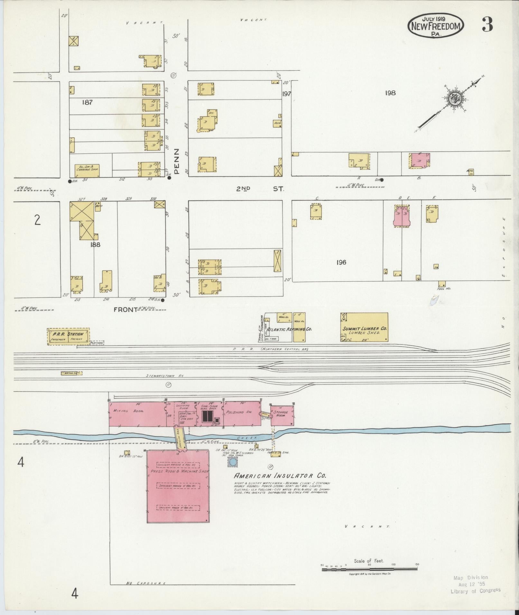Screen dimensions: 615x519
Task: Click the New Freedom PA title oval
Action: [x=436, y=26]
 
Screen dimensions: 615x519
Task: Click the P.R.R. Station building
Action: [x=68, y=336]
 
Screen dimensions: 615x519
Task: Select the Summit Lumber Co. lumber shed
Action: [x=364, y=327]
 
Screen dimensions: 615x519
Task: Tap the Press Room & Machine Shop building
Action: [x=178, y=487]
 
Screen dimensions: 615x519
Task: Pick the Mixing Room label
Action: [x=124, y=411]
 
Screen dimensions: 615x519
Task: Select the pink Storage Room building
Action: [x=282, y=415]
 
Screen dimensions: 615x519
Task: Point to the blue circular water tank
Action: [x=232, y=462]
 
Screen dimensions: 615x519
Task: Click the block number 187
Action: [x=87, y=102]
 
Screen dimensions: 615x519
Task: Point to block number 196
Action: [x=341, y=262]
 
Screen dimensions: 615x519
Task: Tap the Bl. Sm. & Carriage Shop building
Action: [x=87, y=171]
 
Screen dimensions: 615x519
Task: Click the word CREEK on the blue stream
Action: [x=246, y=438]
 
